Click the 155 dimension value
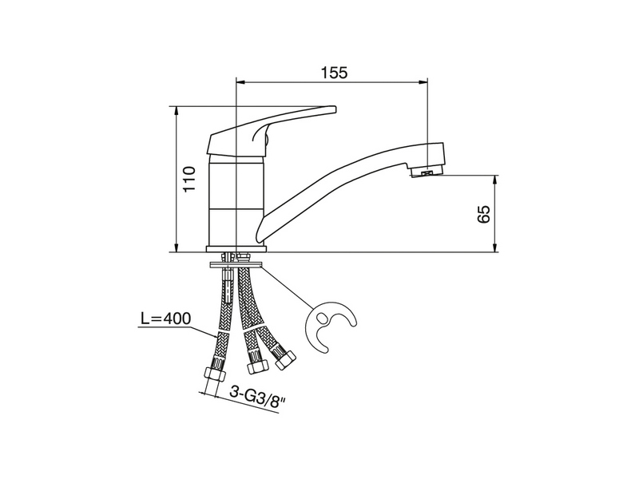334,73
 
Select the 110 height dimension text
189,179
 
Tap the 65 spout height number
484,214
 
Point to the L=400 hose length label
166,319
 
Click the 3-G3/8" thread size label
257,394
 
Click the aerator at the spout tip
426,172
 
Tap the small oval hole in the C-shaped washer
322,318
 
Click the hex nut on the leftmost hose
214,374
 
